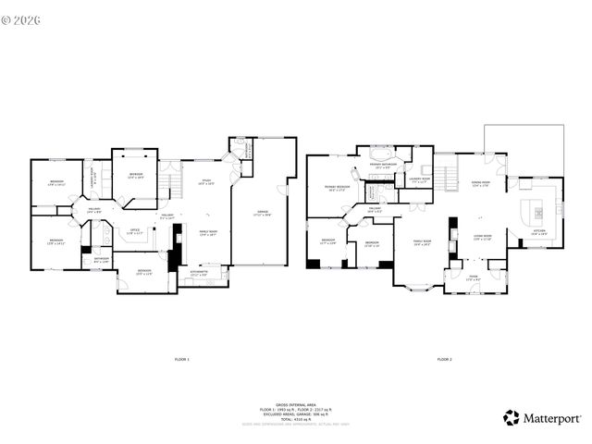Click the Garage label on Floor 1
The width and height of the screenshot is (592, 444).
click(264, 213)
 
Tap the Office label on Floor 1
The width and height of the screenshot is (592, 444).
click(135, 230)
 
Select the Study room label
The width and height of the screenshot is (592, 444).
click(207, 181)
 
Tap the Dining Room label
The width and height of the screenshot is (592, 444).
click(480, 183)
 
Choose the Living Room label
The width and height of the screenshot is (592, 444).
click(483, 237)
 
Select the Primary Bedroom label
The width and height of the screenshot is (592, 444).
click(337, 188)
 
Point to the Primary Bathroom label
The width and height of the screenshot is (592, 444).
click(384, 166)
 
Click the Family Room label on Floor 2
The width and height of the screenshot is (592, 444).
click(424, 242)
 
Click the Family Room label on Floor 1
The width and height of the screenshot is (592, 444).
click(208, 233)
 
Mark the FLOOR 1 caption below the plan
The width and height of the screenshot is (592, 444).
click(182, 358)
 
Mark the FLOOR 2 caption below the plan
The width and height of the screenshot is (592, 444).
click(444, 358)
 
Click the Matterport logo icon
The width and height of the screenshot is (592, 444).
click(511, 417)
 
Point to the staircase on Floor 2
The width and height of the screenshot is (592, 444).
click(446, 172)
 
